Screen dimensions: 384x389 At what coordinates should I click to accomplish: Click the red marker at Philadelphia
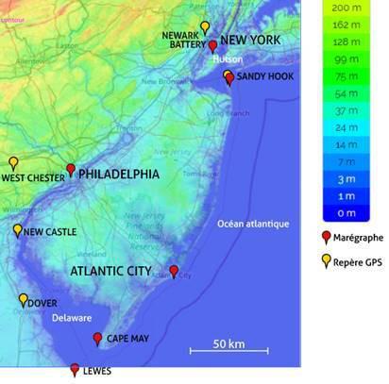71,171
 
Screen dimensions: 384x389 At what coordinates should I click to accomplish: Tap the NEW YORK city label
250,41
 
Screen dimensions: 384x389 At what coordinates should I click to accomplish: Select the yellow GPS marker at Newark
205,27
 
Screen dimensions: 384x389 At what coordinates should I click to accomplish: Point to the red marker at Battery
213,46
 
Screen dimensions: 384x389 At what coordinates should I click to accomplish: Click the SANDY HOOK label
265,76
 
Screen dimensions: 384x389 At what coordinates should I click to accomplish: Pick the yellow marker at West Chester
13,163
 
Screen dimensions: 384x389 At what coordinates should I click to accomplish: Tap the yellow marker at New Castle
17,230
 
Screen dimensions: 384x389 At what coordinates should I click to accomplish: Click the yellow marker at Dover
24,300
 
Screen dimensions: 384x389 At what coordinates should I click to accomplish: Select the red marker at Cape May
97,339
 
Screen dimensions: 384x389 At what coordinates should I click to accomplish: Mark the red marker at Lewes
75,370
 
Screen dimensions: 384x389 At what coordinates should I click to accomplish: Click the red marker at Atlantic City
174,272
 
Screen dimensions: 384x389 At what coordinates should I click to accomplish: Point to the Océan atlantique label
250,224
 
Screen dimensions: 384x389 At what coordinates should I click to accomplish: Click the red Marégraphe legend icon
327,237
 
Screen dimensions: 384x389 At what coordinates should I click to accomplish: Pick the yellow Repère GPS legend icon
327,261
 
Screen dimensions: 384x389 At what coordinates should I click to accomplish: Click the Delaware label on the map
72,318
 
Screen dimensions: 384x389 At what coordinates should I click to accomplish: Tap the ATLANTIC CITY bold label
110,271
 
